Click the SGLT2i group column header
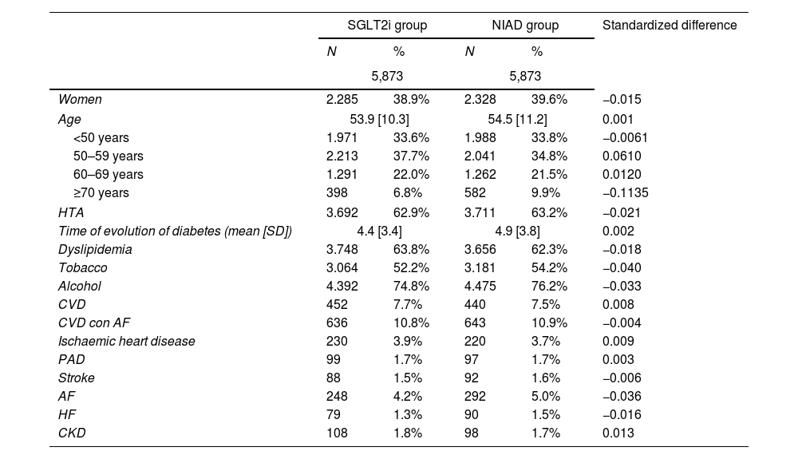tap(387, 26)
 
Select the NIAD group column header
tap(525, 26)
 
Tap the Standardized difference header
tap(670, 26)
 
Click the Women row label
tap(80, 99)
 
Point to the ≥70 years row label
tap(101, 193)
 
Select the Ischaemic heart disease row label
tap(126, 341)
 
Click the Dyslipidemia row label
tap(95, 249)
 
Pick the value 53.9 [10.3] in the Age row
tap(379, 119)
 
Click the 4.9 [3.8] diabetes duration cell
tap(518, 231)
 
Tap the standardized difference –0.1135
tap(626, 193)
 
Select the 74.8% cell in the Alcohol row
tap(411, 286)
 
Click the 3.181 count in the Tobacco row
tap(480, 267)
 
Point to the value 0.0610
tap(622, 156)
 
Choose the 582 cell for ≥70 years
tap(475, 193)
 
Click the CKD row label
tap(72, 433)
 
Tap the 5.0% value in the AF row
tap(546, 397)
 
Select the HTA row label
tap(71, 212)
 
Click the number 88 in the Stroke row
tap(334, 378)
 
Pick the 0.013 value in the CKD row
tap(618, 433)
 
